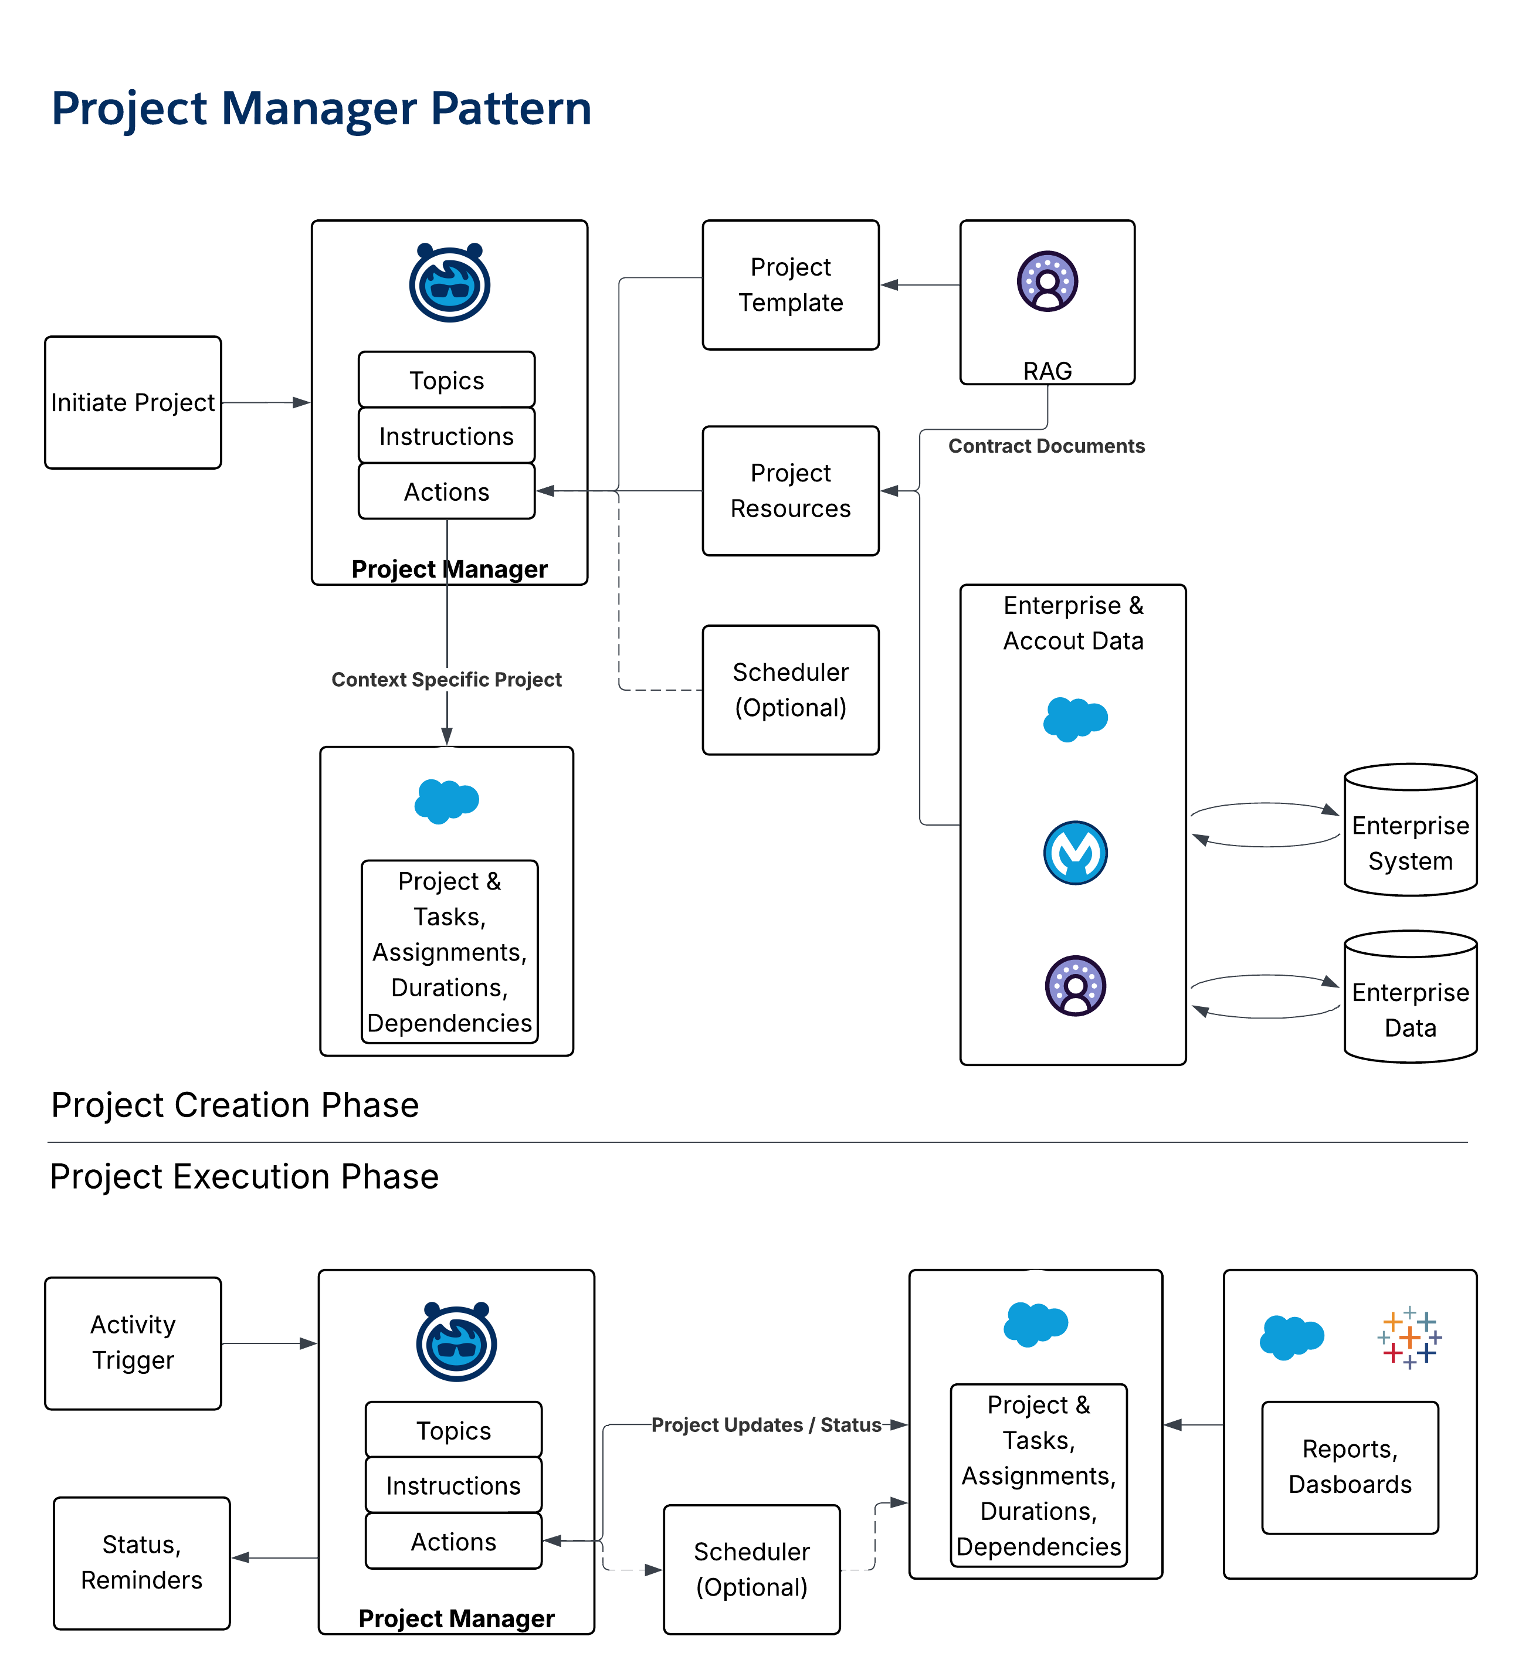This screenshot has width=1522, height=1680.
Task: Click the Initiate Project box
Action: [x=133, y=402]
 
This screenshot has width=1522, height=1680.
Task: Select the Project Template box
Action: [x=790, y=285]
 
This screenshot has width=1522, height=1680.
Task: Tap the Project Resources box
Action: [x=790, y=491]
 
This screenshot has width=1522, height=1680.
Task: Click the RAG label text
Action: [x=1047, y=371]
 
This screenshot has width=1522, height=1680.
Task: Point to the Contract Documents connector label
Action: [x=1046, y=446]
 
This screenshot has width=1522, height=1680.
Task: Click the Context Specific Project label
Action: [x=447, y=679]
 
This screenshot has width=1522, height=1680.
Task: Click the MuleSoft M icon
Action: [x=1075, y=853]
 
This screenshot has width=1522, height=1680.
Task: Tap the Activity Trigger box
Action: [x=133, y=1342]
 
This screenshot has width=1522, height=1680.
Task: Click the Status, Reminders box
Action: [x=142, y=1563]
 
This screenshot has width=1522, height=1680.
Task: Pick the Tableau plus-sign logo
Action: [x=1409, y=1338]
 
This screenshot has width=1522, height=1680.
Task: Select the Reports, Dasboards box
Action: [x=1350, y=1467]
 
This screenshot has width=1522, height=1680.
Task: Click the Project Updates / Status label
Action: [x=766, y=1425]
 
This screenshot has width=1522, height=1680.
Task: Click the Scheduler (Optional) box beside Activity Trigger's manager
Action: [x=751, y=1569]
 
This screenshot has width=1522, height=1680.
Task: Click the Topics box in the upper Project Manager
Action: [x=447, y=380]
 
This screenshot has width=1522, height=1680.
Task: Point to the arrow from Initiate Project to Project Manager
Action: [x=266, y=402]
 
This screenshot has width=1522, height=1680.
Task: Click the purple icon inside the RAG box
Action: [x=1047, y=281]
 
